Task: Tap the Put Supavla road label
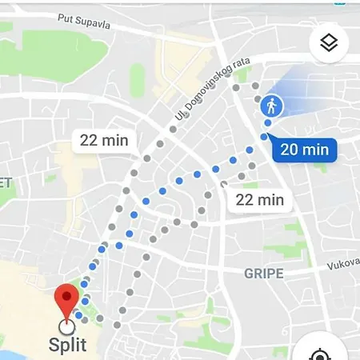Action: pos(81,22)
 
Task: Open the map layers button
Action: pos(329,43)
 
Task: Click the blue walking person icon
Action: pos(271,106)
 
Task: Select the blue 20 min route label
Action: pos(305,149)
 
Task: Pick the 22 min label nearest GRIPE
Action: pos(260,200)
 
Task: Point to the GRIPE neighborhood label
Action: pos(264,274)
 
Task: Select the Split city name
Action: pos(69,346)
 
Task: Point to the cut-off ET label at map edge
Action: pos(6,182)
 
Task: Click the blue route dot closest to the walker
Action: pos(268,122)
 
